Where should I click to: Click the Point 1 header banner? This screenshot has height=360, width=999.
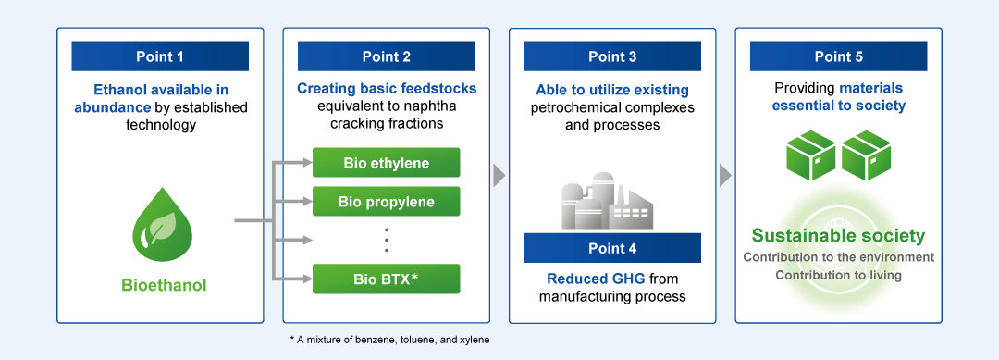tap(160, 56)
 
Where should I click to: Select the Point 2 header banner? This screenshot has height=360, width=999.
tap(386, 56)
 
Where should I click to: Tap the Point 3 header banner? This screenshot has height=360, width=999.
tap(612, 56)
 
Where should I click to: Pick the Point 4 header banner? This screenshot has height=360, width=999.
tap(612, 248)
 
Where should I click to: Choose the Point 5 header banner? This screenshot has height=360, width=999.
tap(838, 56)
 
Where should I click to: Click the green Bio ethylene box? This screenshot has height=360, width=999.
tap(386, 163)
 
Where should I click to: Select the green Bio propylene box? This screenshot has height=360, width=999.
tap(386, 202)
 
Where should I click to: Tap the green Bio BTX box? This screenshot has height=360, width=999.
tap(386, 279)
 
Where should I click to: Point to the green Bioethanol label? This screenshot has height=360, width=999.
tap(164, 285)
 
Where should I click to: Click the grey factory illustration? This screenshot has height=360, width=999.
tap(607, 201)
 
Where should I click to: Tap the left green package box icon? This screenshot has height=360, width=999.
tap(810, 155)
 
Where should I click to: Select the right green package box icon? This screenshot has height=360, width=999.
tap(867, 155)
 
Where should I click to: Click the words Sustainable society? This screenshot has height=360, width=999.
tap(838, 236)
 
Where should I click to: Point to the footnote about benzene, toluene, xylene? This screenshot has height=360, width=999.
tap(390, 340)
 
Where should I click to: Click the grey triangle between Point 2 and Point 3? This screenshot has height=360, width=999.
tap(499, 175)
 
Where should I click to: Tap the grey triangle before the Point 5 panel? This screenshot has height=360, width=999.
tap(725, 175)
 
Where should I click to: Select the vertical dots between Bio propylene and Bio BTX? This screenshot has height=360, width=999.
tap(386, 241)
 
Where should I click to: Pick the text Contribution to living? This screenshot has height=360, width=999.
tap(838, 275)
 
